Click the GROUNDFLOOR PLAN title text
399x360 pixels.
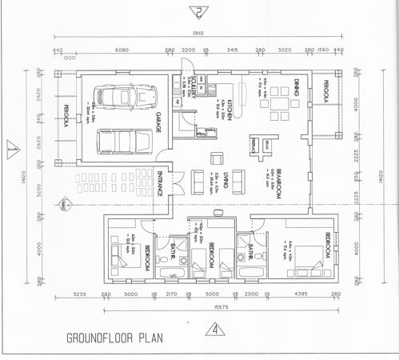114,337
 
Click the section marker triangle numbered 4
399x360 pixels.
213,329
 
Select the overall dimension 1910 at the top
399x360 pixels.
198,34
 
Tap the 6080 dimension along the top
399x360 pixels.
122,50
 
